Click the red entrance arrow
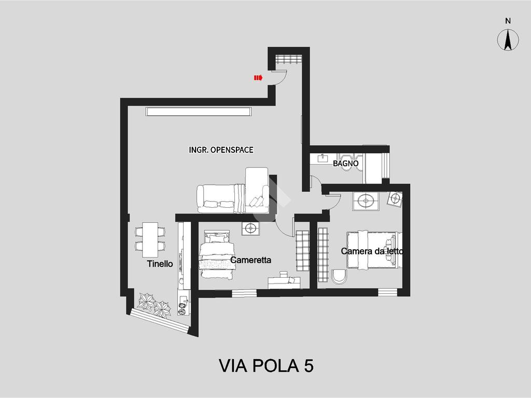pos(258,78)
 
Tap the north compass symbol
pos(508,39)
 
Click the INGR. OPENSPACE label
pos(221,150)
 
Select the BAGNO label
pos(345,163)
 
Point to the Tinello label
pos(160,264)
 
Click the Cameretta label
pos(250,260)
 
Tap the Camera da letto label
pos(372,251)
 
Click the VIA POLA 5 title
pos(266,366)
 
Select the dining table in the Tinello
pos(150,239)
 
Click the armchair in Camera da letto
pos(339,277)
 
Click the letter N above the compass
pos(508,21)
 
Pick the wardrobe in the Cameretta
pos(302,250)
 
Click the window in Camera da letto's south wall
pos(387,292)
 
